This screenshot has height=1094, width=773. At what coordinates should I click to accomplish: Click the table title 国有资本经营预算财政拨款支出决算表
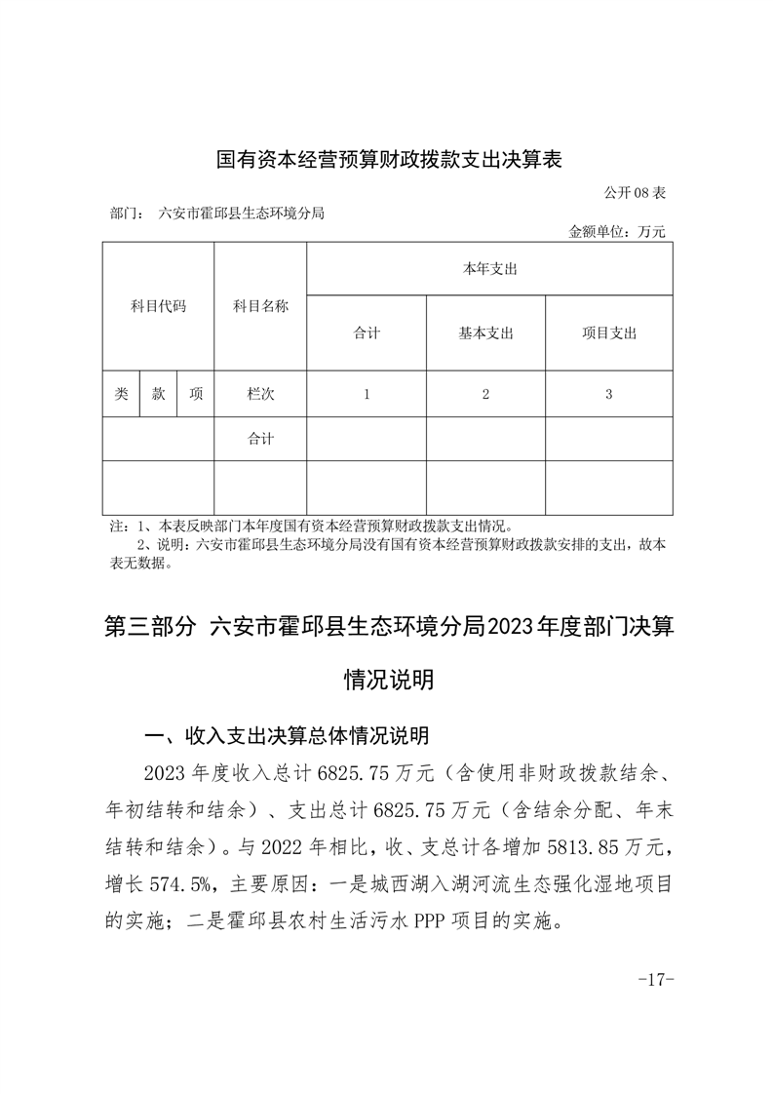(389, 159)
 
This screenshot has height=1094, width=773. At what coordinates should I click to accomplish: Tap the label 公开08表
(635, 193)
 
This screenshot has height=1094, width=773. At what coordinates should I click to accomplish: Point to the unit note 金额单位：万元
(617, 232)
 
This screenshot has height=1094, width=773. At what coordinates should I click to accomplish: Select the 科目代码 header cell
(158, 306)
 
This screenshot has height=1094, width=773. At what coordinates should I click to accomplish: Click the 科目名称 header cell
(260, 306)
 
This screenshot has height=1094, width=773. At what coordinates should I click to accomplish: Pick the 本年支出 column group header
(489, 268)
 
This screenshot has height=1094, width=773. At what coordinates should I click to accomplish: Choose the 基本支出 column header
(485, 333)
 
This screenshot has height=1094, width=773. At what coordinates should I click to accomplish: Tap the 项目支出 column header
(608, 333)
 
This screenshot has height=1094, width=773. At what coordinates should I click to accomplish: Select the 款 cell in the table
(158, 394)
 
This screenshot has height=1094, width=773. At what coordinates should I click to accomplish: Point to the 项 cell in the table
(196, 394)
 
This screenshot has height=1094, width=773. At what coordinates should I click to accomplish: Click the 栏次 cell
(260, 394)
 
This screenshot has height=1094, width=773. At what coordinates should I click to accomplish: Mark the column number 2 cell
(485, 394)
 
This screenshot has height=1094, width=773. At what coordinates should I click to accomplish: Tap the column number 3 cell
(608, 394)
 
